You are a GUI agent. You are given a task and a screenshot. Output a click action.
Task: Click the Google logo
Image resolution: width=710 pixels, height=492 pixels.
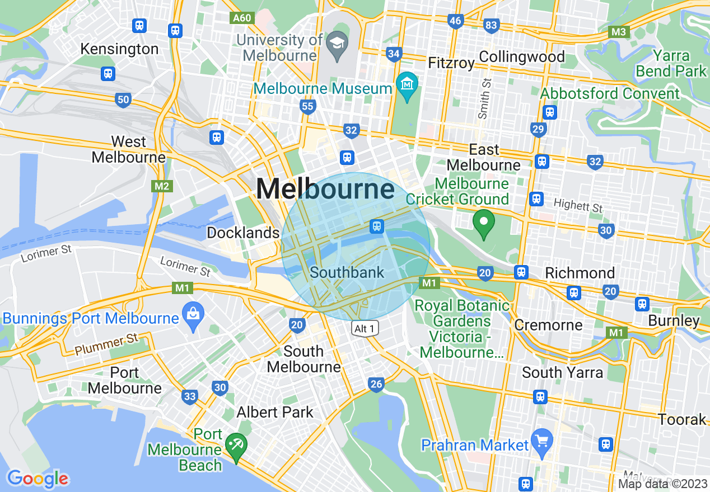click(x=38, y=479)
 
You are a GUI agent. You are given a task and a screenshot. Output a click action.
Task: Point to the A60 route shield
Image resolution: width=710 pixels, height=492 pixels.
click(x=242, y=18)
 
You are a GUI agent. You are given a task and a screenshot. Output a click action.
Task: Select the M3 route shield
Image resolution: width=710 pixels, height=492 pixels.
click(x=619, y=32)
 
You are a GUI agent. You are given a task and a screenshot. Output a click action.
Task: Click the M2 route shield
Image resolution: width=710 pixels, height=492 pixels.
click(x=161, y=186)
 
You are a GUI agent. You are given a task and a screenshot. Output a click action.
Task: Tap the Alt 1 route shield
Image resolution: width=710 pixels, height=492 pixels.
click(x=365, y=328)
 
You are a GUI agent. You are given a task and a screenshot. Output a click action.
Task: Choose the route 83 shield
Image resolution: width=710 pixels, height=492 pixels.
click(x=492, y=25)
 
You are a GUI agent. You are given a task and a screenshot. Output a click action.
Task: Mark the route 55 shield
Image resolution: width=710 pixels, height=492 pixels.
click(x=307, y=106)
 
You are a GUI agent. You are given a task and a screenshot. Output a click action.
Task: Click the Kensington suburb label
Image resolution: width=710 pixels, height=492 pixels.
click(x=119, y=49)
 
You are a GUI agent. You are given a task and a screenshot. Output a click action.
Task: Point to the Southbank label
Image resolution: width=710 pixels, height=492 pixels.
click(x=347, y=273)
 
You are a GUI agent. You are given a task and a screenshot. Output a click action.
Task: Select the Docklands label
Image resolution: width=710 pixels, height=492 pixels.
click(x=242, y=233)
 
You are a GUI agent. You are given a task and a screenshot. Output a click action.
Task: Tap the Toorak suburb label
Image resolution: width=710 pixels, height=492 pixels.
click(x=682, y=419)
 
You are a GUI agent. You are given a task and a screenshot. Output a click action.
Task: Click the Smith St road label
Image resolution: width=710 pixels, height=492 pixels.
click(x=485, y=98)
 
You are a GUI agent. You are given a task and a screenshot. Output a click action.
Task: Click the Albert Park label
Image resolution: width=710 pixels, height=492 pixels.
click(x=275, y=413)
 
